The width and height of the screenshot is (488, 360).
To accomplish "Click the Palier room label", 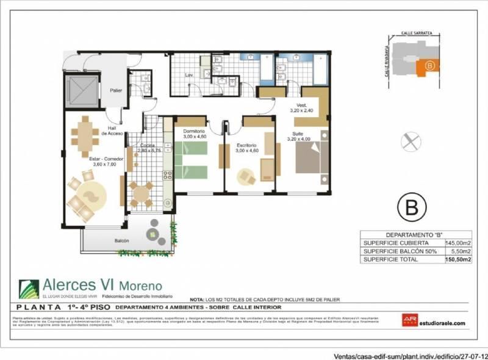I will tap(116, 90).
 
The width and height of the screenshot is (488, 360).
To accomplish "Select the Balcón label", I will tap(121, 241).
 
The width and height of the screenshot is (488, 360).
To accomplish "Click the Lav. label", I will tap(189, 75).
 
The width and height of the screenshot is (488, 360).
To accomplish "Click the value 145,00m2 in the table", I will tap(459, 242).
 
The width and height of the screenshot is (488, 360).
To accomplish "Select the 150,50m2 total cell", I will tap(459, 259).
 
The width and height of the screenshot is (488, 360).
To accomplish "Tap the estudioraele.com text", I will tap(442, 323).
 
